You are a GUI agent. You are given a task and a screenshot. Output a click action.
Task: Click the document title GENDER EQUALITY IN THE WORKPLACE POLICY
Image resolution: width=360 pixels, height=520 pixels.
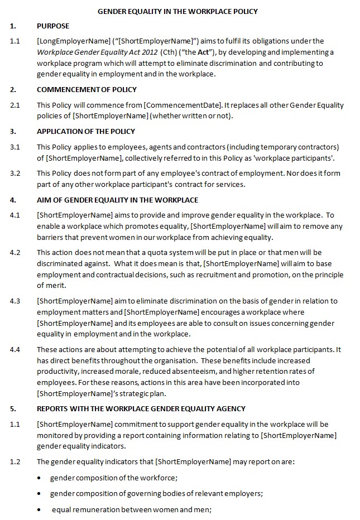click(178, 11)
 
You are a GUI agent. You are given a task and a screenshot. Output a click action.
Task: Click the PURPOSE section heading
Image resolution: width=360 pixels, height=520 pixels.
click(53, 26)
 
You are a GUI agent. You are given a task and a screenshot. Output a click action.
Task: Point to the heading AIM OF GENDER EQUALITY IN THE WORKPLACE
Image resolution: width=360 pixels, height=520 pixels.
click(117, 200)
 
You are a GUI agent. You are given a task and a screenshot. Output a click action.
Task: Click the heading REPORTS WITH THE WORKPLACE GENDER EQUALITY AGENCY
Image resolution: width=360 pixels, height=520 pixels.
click(141, 409)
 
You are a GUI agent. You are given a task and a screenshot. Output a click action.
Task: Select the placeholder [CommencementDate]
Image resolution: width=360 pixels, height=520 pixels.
click(175, 105)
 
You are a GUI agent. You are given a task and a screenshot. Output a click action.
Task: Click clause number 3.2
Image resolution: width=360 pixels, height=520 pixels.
click(15, 174)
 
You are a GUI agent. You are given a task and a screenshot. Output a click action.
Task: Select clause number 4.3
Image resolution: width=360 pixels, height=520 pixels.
click(15, 301)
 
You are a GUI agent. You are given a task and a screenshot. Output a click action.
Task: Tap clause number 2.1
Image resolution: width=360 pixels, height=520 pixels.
click(15, 105)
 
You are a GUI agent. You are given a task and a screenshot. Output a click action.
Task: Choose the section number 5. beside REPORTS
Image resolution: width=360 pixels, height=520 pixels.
click(13, 409)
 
